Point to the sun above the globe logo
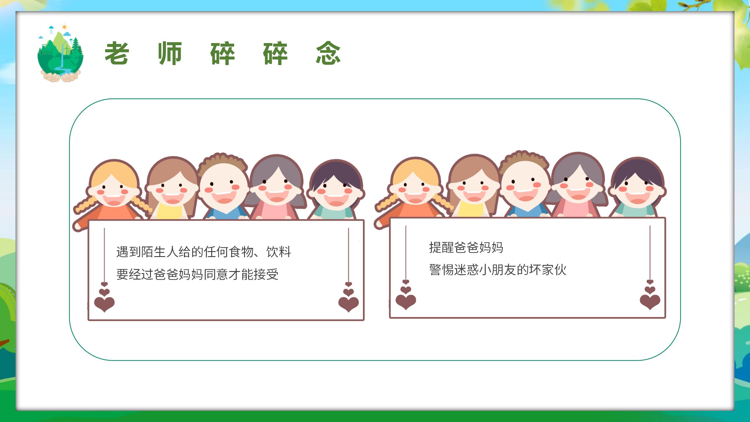(x=64, y=27)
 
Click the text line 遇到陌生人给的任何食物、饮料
(x=204, y=252)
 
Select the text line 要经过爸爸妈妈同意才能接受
(x=197, y=274)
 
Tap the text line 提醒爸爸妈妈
(x=466, y=248)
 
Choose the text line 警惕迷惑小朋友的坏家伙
(x=498, y=270)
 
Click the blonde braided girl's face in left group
(x=113, y=190)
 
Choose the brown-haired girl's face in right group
(x=473, y=188)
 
